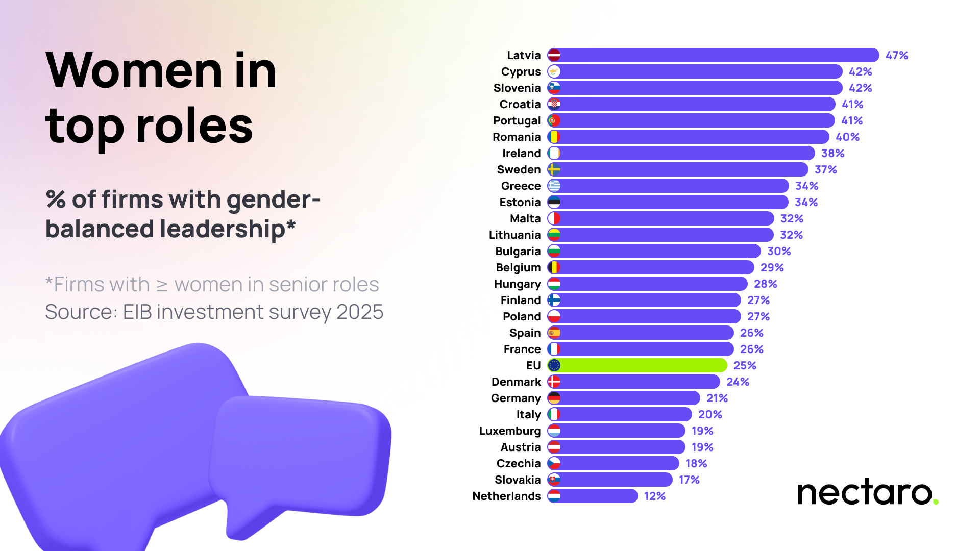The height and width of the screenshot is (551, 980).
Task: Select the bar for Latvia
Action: click(x=715, y=55)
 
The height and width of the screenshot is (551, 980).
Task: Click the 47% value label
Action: click(x=897, y=55)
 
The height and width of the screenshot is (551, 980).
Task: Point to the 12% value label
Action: click(x=655, y=496)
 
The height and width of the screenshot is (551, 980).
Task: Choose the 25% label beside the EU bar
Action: click(x=745, y=365)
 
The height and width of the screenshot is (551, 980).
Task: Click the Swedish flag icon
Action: click(x=554, y=169)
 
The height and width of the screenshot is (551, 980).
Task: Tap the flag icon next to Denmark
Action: click(x=554, y=382)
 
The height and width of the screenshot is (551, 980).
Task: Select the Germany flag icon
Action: click(x=554, y=398)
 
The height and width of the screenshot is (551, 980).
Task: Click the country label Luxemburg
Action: click(x=509, y=431)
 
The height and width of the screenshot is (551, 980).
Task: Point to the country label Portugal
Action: click(x=517, y=120)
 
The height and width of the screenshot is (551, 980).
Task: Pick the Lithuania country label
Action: click(x=514, y=235)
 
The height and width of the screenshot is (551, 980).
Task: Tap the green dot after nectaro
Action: click(x=936, y=502)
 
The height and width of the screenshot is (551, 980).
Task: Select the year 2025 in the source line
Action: click(x=360, y=312)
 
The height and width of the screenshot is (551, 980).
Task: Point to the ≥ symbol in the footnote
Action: click(x=162, y=285)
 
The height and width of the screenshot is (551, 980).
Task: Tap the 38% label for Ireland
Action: click(x=832, y=153)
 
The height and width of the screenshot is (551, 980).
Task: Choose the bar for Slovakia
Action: click(x=615, y=480)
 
